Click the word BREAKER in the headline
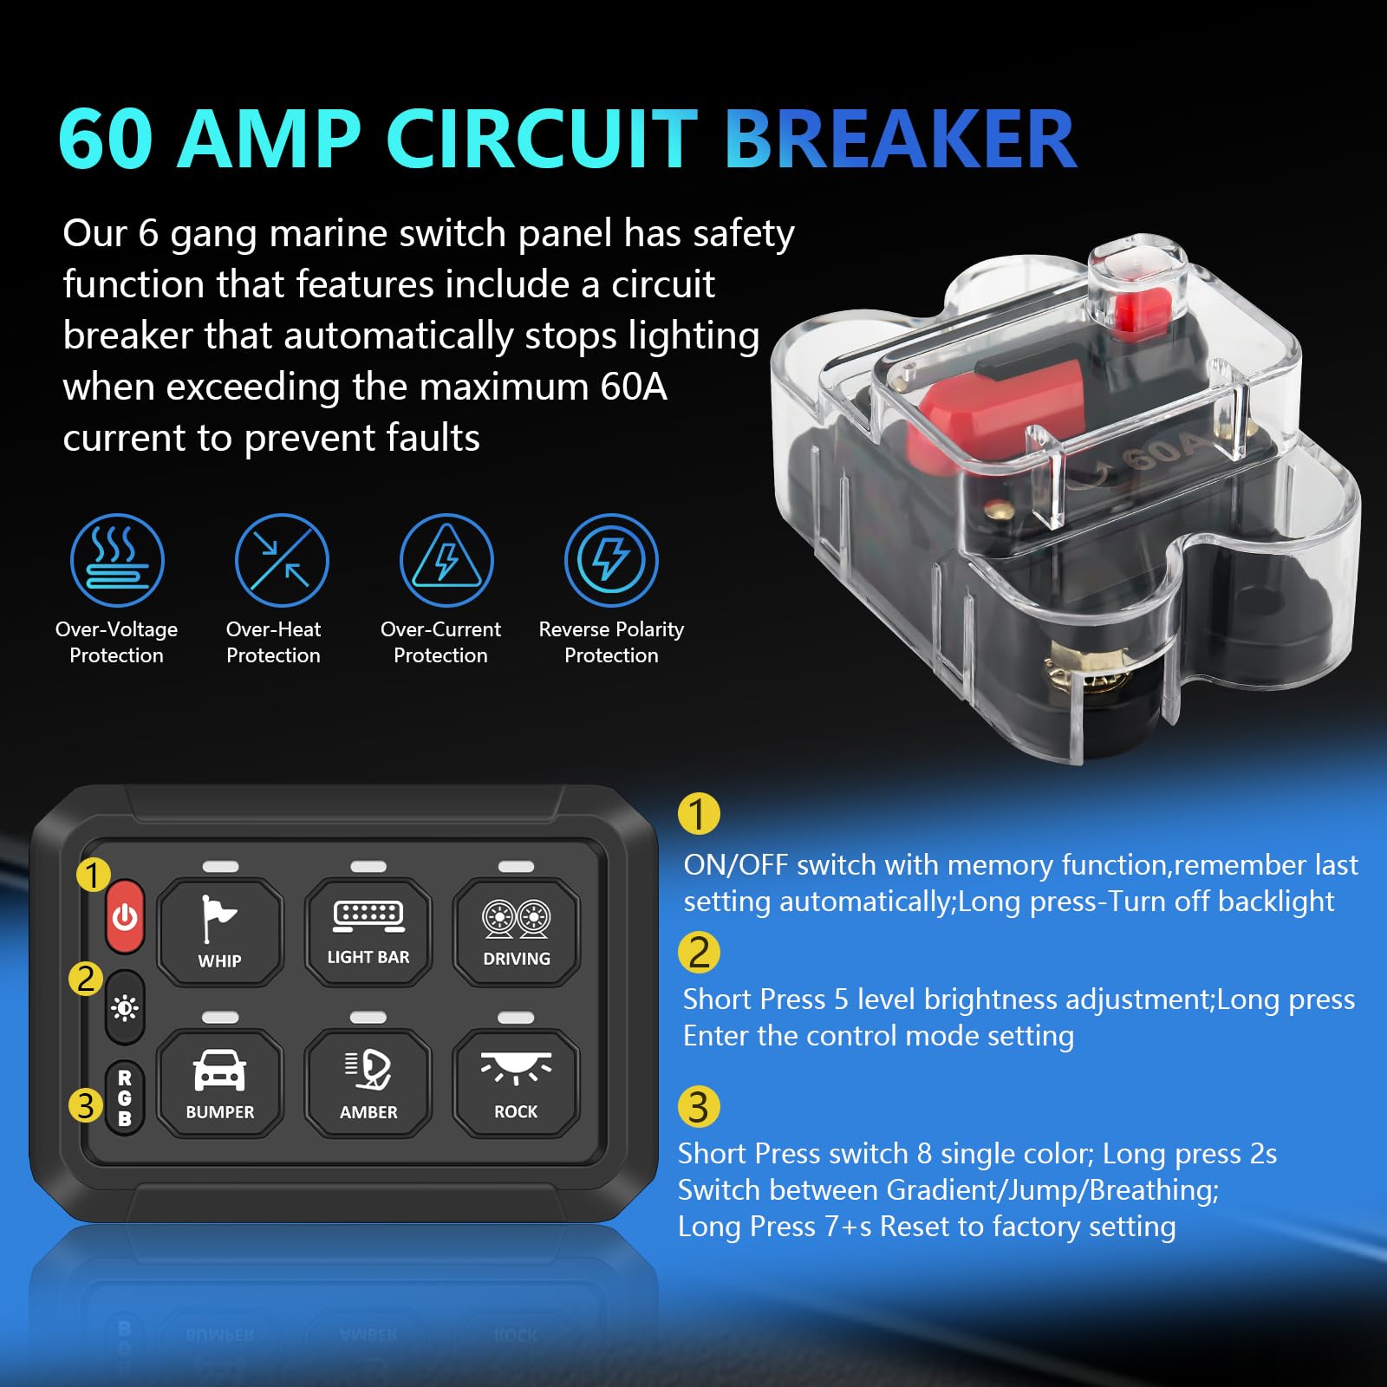point(900,139)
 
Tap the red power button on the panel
point(125,915)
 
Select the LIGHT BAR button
point(368,931)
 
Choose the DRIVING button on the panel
point(517,931)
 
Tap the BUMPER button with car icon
point(220,1083)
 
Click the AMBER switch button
point(368,1083)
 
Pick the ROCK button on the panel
point(517,1083)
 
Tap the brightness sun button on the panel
point(125,1007)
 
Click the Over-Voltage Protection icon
point(117,560)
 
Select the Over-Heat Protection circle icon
point(282,560)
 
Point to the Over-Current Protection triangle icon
point(446,560)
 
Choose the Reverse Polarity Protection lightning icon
point(611,560)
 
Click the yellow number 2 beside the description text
point(699,952)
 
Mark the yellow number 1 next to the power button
point(93,875)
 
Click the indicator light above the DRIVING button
point(517,867)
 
